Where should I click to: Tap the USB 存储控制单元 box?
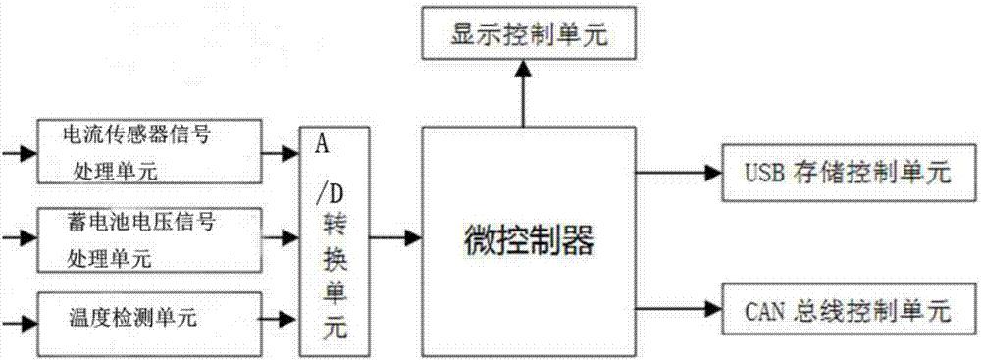[850, 173]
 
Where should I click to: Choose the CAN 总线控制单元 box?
[850, 311]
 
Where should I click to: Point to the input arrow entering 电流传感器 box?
[17, 152]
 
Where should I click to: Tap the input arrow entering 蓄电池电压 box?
[17, 237]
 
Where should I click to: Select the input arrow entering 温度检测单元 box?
[17, 318]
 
